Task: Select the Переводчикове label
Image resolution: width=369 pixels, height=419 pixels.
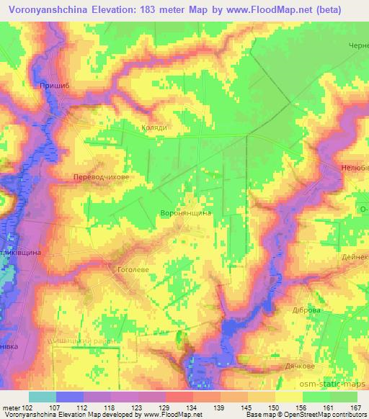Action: (x=101, y=176)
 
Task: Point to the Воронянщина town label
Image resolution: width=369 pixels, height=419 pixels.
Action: (x=185, y=213)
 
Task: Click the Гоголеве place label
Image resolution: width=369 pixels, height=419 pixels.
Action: (x=132, y=269)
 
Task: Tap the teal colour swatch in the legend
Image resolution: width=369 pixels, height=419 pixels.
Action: (x=43, y=397)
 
